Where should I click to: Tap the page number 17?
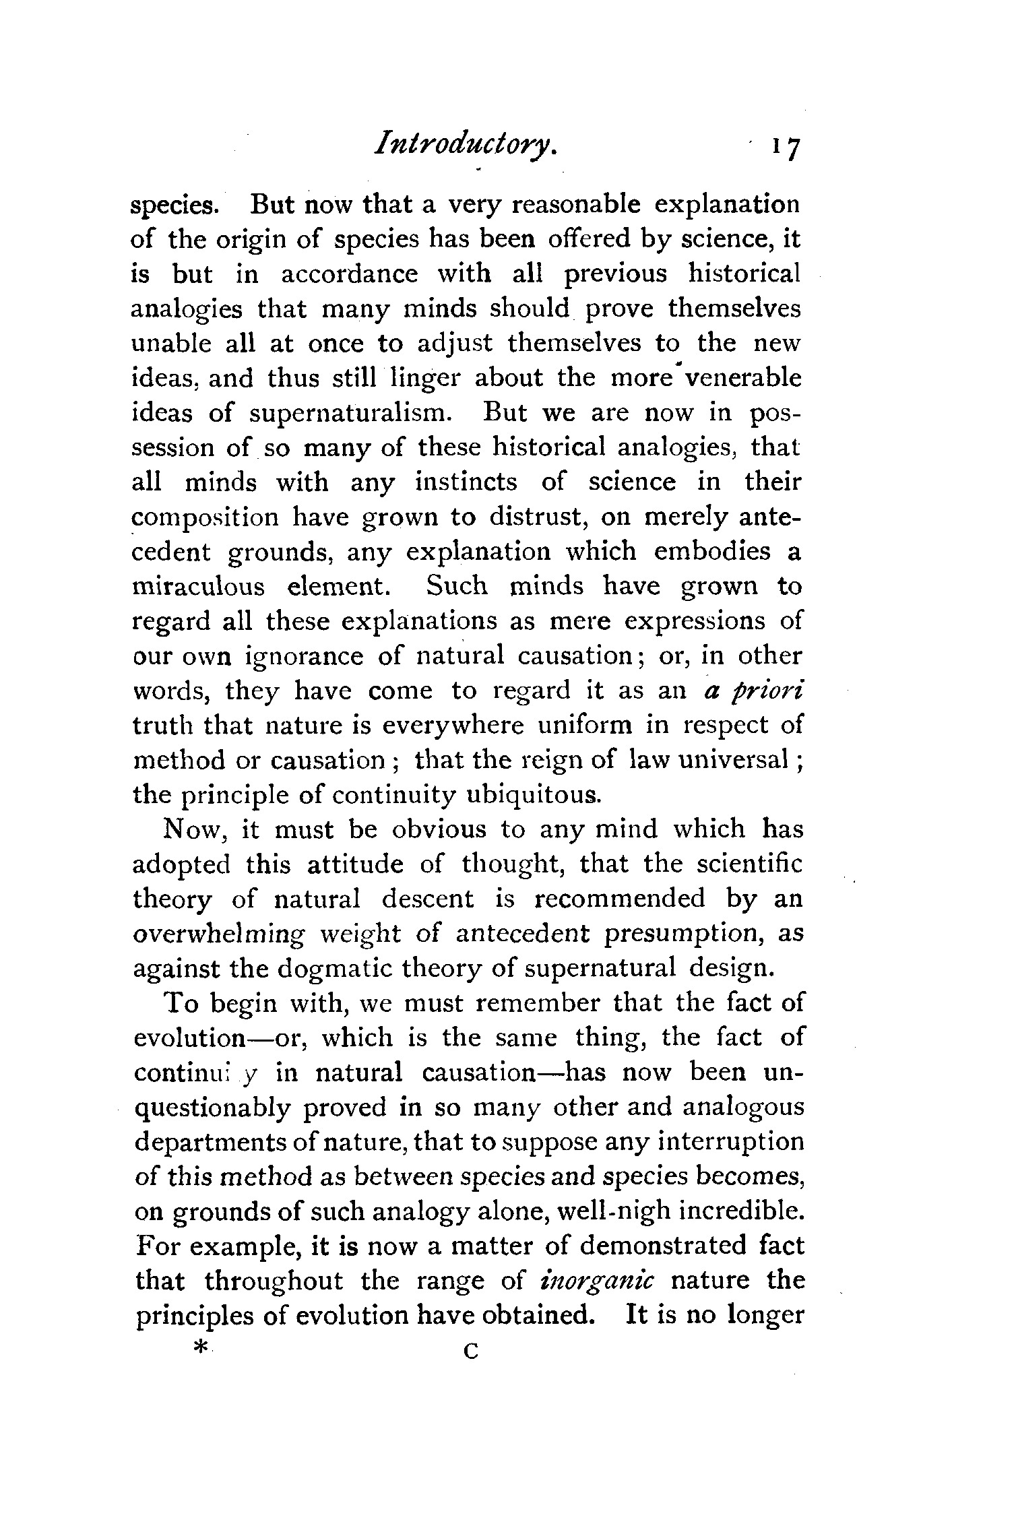point(786,148)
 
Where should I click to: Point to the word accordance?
point(349,274)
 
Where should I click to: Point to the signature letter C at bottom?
point(470,1349)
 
